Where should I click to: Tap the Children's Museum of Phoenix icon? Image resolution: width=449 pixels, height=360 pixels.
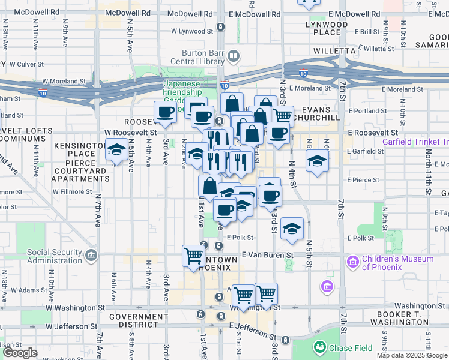tap(352, 262)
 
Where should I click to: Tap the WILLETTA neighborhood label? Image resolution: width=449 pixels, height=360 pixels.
tap(334, 51)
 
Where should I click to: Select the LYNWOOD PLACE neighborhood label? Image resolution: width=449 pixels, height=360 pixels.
tap(326, 28)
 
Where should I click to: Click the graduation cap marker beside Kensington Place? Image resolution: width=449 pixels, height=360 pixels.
tap(116, 151)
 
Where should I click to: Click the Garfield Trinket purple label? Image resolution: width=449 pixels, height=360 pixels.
tap(415, 142)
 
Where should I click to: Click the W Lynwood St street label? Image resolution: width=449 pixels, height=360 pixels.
tap(193, 30)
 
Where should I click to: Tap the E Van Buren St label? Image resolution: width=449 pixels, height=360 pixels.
tap(267, 255)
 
